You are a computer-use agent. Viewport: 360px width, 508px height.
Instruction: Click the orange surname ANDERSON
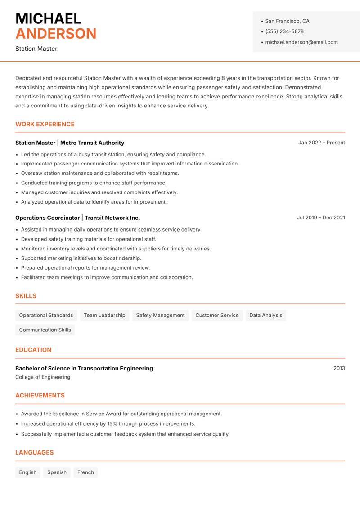pos(56,34)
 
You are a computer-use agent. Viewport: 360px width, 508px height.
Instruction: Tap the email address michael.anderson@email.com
pos(301,42)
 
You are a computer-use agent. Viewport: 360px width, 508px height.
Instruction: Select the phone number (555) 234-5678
pos(284,31)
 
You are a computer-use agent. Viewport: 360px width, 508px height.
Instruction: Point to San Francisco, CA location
pos(287,21)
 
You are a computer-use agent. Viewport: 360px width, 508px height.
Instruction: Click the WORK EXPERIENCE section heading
pos(45,124)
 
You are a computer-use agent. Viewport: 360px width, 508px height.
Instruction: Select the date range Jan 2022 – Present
pos(321,143)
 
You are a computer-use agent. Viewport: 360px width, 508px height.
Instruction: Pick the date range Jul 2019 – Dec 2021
pos(321,218)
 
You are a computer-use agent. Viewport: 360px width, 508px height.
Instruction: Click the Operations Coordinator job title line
pos(77,218)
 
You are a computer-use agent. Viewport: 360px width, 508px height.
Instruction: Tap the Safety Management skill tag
pos(160,315)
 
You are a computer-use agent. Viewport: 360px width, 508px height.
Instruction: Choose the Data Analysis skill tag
pos(265,315)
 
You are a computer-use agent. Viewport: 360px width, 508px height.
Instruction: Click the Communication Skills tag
pos(45,330)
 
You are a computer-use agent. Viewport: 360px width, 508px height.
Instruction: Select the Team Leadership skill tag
pos(104,315)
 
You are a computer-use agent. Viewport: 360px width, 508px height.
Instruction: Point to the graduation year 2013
pos(339,368)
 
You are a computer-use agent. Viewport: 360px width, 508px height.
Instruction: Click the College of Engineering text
pos(43,377)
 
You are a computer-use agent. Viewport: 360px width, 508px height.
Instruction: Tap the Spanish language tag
pos(57,472)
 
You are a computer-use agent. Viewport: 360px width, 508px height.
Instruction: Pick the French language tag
pos(85,472)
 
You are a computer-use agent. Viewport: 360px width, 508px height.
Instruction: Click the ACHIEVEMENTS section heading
pos(40,395)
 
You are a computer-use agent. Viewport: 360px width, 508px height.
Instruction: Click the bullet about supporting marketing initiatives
pos(81,258)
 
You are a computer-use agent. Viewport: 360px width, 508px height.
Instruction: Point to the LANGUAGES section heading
pos(34,452)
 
